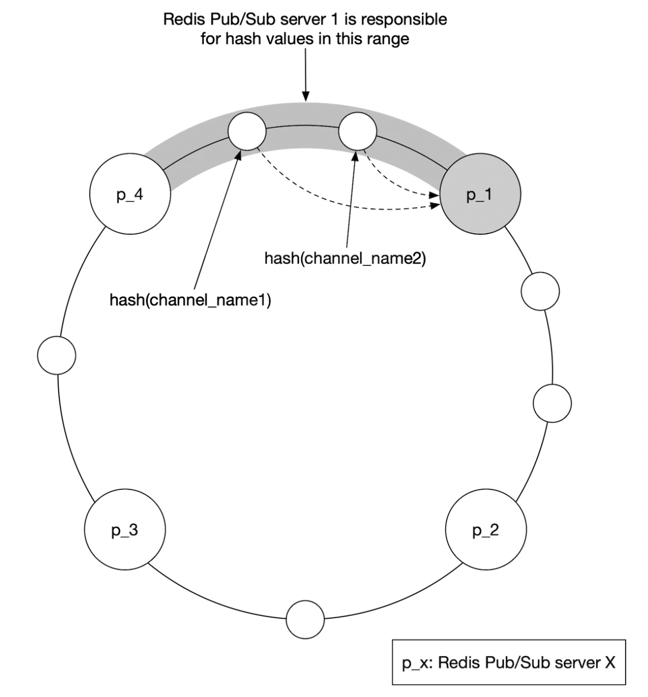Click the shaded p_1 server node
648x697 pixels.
click(x=481, y=194)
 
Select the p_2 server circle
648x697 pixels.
click(x=485, y=530)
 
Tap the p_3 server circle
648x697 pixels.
click(x=125, y=530)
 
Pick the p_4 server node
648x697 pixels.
click(x=129, y=194)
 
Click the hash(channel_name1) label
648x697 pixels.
click(x=190, y=300)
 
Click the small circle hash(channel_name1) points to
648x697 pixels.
click(x=247, y=131)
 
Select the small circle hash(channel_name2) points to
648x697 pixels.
click(x=357, y=131)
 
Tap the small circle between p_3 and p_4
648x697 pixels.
click(x=57, y=355)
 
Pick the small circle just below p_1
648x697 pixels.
click(x=540, y=291)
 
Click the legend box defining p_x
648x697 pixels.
click(x=508, y=662)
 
